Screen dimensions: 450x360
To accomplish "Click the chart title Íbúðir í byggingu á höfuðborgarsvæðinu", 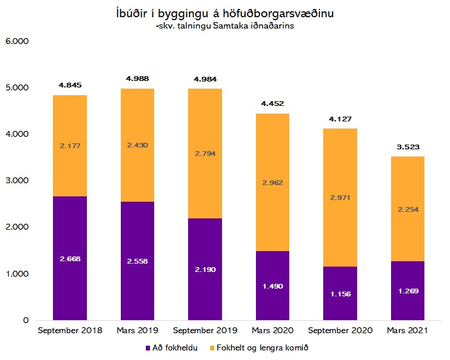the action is [x=225, y=14].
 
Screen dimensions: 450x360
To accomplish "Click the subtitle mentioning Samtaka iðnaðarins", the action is [x=225, y=26].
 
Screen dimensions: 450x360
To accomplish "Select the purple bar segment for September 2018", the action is [x=70, y=258].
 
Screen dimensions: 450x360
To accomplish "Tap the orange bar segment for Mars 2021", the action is [x=408, y=209].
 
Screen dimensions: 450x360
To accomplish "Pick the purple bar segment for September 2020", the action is [x=340, y=293].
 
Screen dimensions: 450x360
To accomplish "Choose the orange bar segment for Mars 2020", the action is [x=273, y=183].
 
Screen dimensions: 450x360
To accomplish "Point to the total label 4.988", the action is [x=137, y=79].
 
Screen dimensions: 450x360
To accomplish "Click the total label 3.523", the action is [x=408, y=147].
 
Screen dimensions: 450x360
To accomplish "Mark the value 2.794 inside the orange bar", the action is [x=205, y=154].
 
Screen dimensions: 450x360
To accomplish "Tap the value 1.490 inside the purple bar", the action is [x=273, y=286].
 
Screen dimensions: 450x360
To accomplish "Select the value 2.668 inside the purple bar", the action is [x=70, y=259].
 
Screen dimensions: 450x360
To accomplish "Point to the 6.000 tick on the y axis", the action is [x=17, y=41].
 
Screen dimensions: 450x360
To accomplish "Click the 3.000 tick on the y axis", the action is [x=17, y=180].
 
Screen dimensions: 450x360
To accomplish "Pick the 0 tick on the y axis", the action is [x=26, y=320].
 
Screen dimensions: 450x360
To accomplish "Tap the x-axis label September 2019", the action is [x=205, y=330].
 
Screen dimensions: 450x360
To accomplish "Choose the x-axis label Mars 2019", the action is [x=137, y=330].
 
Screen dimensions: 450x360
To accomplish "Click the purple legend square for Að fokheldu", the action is [x=148, y=348].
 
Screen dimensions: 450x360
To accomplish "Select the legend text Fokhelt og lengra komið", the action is [x=262, y=348].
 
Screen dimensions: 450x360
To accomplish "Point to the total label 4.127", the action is [x=340, y=119].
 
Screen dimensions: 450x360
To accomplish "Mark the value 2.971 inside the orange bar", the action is [x=340, y=198].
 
